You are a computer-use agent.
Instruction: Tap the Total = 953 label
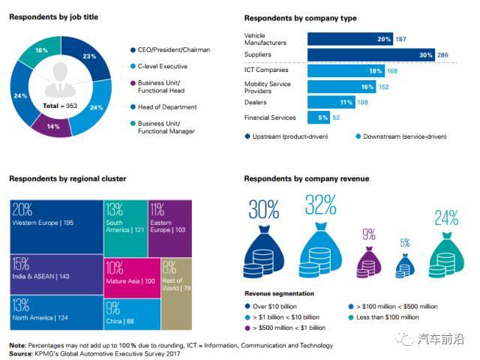58,106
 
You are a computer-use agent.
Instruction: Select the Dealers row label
256,101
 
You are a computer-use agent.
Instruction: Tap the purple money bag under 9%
368,262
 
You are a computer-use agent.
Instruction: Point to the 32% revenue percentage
320,205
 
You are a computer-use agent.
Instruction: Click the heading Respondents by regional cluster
67,179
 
